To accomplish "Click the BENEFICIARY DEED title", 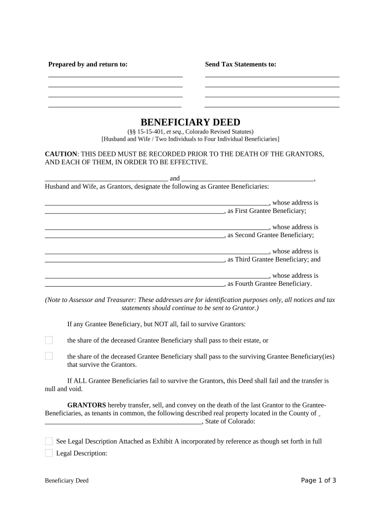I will coord(190,122).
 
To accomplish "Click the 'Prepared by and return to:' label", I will coord(88,64).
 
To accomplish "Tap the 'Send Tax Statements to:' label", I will coord(240,64).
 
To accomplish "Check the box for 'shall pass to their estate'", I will coord(48,340).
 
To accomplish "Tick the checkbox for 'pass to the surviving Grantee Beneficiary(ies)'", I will coord(48,356).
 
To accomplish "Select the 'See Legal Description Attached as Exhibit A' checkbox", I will coord(48,441).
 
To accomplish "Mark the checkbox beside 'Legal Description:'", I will coord(48,453).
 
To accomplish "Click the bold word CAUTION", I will coord(61,154).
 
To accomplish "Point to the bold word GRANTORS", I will coord(87,405).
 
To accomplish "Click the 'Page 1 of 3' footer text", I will coord(319,480).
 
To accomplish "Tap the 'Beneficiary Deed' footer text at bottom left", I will coord(66,481).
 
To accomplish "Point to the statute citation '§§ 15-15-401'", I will coord(146,132).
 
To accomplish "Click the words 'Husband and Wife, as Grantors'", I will coord(85,187).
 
